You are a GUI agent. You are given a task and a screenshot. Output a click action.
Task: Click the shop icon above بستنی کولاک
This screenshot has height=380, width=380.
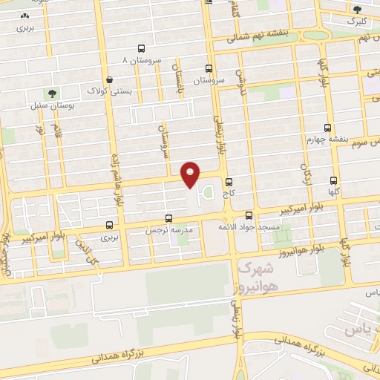pos(110,79)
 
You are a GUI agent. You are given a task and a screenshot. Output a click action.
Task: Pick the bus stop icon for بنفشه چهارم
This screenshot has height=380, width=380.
pos(330,127)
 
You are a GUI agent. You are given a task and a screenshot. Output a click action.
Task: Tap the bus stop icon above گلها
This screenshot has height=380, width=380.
pos(334,180)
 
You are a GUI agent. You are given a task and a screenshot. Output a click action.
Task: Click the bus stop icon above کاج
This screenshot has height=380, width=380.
pos(228,182)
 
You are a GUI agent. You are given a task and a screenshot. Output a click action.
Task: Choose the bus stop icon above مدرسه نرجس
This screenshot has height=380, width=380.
pos(170,219)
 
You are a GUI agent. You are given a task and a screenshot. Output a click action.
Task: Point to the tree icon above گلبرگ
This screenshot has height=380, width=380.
pos(358,10)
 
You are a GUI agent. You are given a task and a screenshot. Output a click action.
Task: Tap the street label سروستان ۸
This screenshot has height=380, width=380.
pos(141,59)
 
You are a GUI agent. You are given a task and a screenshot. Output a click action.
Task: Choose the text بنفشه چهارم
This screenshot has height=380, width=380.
pos(327,139)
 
